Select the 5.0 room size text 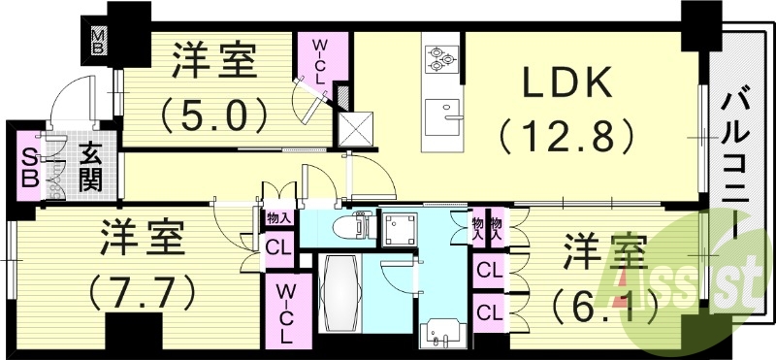click(215, 116)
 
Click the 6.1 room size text click(600, 309)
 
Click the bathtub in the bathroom click(339, 294)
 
